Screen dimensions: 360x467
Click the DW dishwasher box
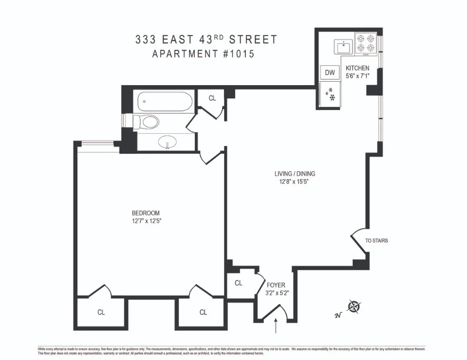click(330, 73)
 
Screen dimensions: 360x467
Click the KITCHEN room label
click(357, 68)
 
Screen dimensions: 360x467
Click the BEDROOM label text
click(146, 213)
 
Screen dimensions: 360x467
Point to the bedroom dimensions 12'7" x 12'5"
click(146, 221)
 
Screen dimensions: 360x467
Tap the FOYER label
click(276, 285)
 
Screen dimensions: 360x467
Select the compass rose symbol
click(354, 307)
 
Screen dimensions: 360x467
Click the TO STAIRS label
click(376, 241)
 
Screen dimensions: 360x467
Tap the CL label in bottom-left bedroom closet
click(101, 312)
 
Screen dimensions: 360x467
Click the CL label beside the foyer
click(239, 283)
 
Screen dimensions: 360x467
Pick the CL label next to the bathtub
click(212, 98)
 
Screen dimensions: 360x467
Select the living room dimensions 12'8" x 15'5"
click(292, 182)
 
